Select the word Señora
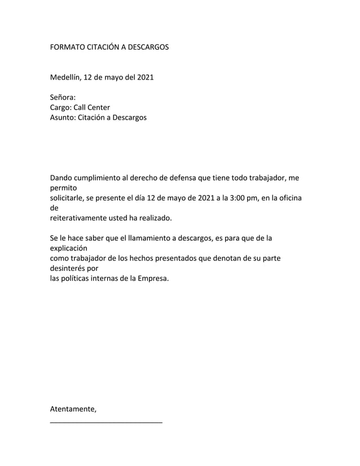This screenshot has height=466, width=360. coord(63,97)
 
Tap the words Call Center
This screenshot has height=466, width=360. coord(91,107)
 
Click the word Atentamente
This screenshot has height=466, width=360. coord(73,409)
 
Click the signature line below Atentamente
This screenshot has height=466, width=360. coord(106,422)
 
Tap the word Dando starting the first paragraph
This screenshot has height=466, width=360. coord(62,177)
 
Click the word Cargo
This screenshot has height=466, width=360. coord(60,107)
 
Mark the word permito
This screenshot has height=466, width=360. coord(63,187)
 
